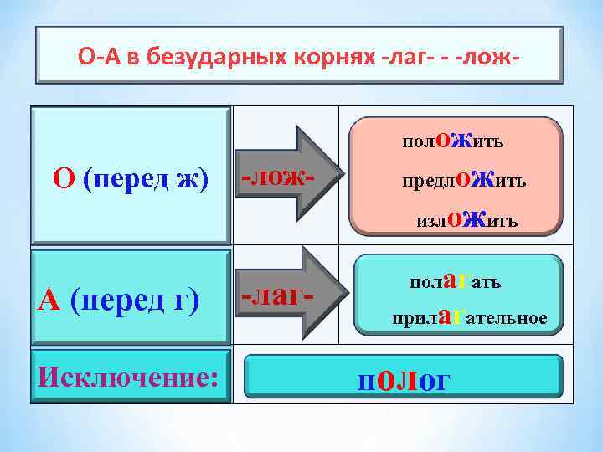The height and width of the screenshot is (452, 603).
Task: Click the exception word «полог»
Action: coord(404,380)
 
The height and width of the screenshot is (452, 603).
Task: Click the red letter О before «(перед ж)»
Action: coord(64,178)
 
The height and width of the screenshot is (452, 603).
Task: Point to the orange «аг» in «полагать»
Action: coord(454,279)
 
